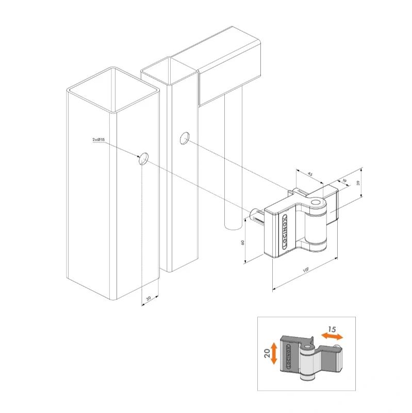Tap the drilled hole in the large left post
point(144,159)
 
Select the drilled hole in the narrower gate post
point(184,138)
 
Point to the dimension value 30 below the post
point(149,299)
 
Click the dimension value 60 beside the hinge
point(242,243)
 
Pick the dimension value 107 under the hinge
point(306,271)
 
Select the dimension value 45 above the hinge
point(310,174)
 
